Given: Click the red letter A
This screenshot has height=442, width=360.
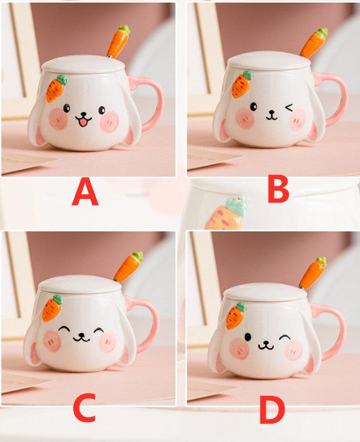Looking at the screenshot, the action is pyautogui.click(x=85, y=192).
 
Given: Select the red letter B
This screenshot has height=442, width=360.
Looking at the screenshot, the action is pyautogui.click(x=278, y=189).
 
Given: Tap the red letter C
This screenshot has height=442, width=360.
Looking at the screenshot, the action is pyautogui.click(x=85, y=408).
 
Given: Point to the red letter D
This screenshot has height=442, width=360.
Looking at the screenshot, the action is pyautogui.click(x=272, y=410).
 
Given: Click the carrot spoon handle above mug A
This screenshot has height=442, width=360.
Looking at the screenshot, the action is pyautogui.click(x=118, y=41).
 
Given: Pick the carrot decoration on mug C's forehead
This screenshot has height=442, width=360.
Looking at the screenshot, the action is pyautogui.click(x=52, y=308).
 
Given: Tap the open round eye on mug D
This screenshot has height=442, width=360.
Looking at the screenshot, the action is pyautogui.click(x=248, y=337).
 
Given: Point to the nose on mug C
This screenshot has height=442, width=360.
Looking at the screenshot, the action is pyautogui.click(x=81, y=335).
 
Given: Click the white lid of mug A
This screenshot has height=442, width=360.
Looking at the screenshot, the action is pyautogui.click(x=83, y=64).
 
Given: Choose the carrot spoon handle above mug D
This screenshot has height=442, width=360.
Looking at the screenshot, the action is pyautogui.click(x=313, y=273).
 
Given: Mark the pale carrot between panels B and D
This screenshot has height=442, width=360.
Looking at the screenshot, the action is pyautogui.click(x=226, y=213).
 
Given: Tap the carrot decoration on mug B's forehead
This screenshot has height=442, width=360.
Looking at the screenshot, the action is pyautogui.click(x=242, y=85).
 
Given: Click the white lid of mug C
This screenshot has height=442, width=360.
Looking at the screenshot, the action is pyautogui.click(x=80, y=285).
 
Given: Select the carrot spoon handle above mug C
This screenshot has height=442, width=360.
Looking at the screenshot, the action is pyautogui.click(x=129, y=267).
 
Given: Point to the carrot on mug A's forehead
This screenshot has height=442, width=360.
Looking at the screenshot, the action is pyautogui.click(x=56, y=89).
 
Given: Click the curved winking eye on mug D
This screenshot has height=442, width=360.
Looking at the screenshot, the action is pyautogui.click(x=285, y=337).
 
